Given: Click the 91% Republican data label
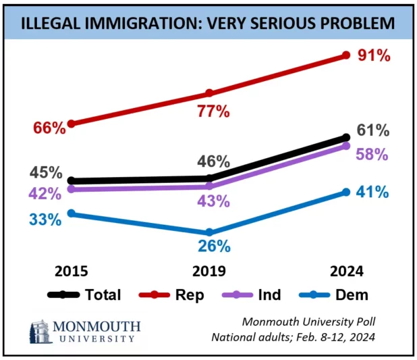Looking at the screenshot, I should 375,56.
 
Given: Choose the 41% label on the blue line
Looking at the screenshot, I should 372,192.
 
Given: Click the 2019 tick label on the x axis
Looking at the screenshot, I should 208,272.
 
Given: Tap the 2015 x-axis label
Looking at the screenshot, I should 71,272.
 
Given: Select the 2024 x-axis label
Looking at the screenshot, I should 347,272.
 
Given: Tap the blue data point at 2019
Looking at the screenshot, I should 208,232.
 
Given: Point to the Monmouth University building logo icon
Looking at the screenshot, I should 40,331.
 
